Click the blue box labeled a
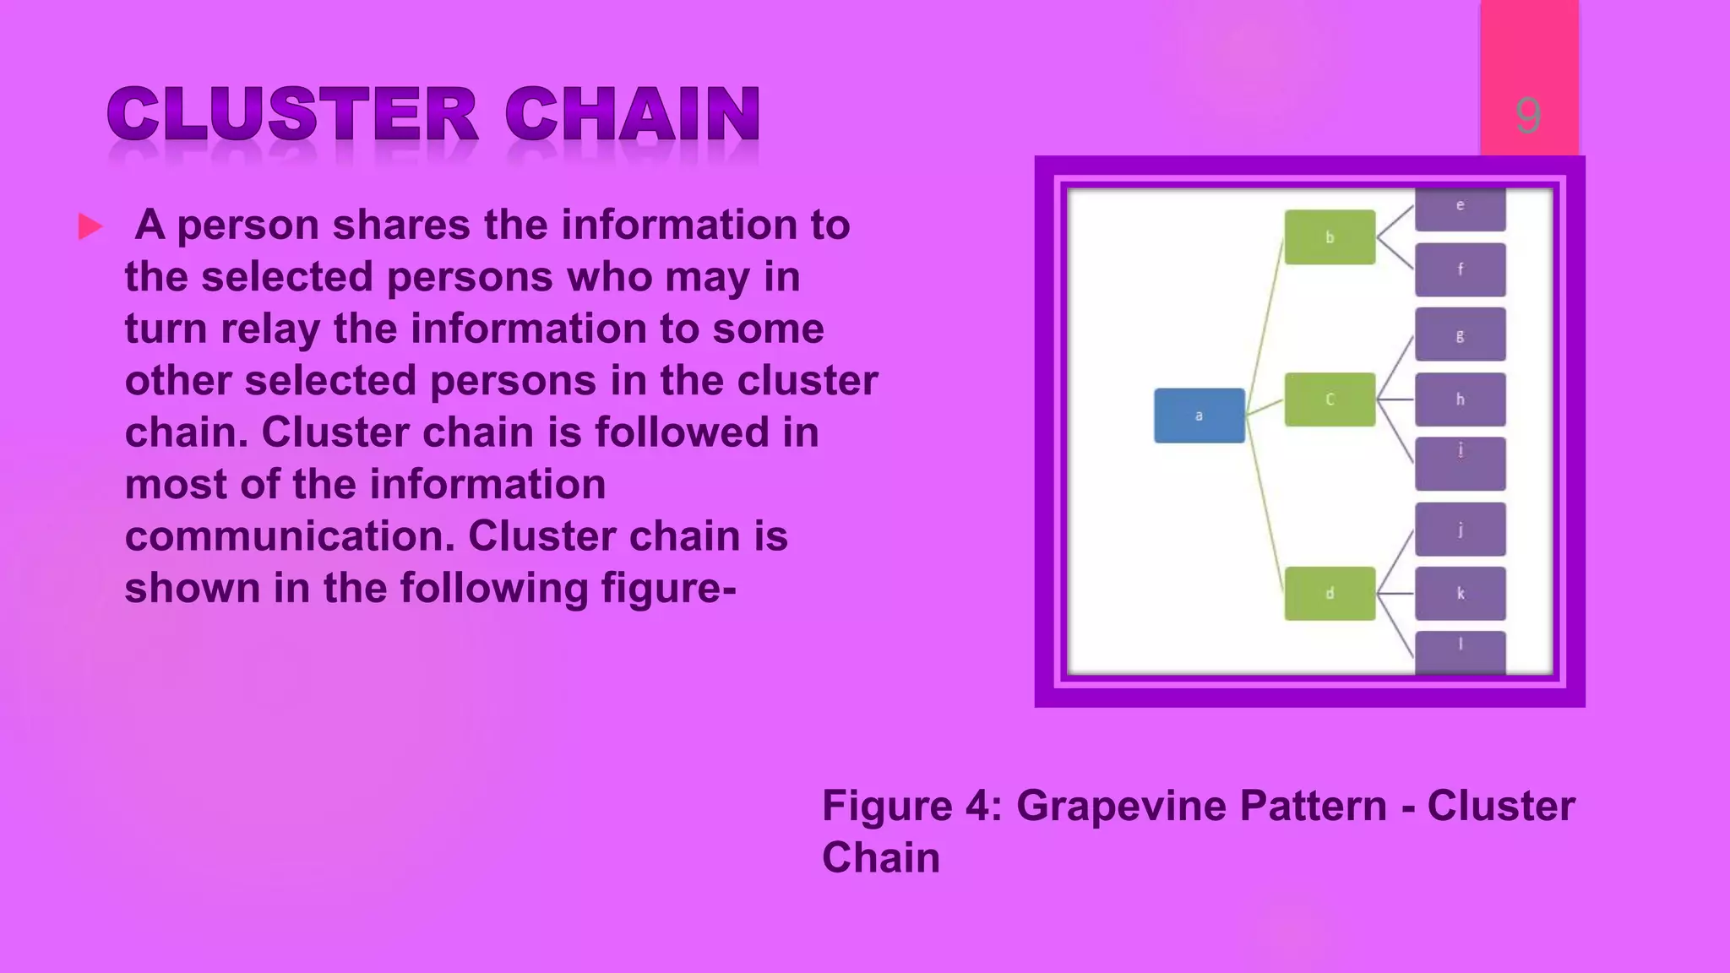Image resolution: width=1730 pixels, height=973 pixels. click(x=1199, y=416)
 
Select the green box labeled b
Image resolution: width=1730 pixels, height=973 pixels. click(x=1330, y=237)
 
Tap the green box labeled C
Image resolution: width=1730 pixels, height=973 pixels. click(x=1330, y=400)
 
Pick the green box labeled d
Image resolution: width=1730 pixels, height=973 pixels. click(x=1330, y=593)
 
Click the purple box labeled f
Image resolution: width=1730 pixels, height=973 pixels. click(x=1460, y=269)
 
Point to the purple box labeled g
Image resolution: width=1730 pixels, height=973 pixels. click(x=1460, y=334)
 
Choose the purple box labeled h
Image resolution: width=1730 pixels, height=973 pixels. click(x=1460, y=400)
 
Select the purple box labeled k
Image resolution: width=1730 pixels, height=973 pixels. click(x=1460, y=593)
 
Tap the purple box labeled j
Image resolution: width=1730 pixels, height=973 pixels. click(x=1460, y=530)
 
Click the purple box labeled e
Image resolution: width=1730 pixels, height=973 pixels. click(x=1460, y=209)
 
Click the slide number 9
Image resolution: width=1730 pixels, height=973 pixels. click(x=1527, y=115)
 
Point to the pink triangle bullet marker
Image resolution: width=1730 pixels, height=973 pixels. click(x=90, y=226)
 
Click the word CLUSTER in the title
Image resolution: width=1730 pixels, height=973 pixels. click(x=292, y=115)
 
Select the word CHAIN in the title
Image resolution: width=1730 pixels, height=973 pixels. click(x=633, y=115)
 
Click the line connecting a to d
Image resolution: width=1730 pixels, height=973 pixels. click(x=1266, y=507)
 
